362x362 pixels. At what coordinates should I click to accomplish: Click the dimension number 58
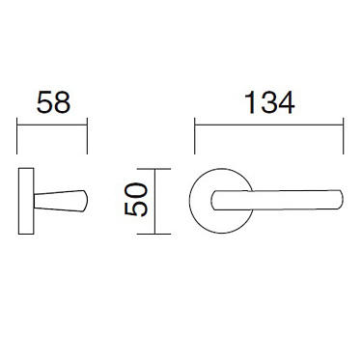click(x=53, y=103)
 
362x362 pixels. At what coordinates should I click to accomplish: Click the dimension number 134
click(x=268, y=103)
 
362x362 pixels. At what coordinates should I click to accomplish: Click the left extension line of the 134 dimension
click(x=195, y=135)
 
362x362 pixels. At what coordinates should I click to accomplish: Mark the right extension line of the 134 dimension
click(x=343, y=135)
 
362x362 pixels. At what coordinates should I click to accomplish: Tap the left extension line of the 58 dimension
click(x=19, y=135)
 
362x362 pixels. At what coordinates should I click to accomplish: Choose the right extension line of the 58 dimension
click(x=88, y=135)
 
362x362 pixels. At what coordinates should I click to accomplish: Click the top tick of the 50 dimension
click(x=159, y=169)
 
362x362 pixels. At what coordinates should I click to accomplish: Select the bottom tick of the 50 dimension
click(x=159, y=232)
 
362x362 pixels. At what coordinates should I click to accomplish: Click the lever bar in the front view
click(x=280, y=200)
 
